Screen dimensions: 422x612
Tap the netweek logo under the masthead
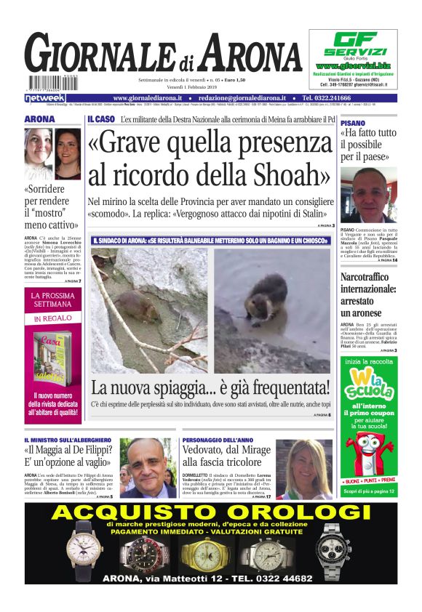pyautogui.click(x=45, y=97)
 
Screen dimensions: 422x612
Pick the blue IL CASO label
pyautogui.click(x=100, y=118)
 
